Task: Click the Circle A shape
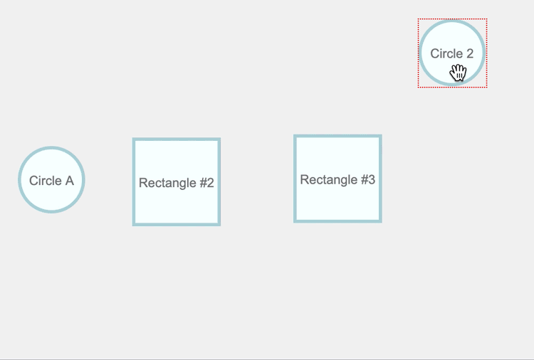(51, 180)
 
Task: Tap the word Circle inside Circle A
(44, 181)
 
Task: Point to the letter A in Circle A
(69, 181)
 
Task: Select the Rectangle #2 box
(177, 182)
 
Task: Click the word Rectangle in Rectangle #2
(167, 183)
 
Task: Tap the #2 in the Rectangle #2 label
(206, 183)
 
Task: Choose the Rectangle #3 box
(337, 179)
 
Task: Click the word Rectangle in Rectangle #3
(328, 179)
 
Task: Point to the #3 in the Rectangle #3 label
(367, 179)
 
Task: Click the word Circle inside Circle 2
(446, 53)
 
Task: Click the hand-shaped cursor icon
(458, 73)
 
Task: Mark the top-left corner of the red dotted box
(418, 19)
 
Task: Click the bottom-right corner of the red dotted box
(486, 87)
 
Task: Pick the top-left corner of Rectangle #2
(133, 139)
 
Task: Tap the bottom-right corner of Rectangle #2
(219, 225)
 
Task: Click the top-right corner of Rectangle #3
(381, 135)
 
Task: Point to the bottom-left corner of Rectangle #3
(295, 221)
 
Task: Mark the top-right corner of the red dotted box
(486, 19)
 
